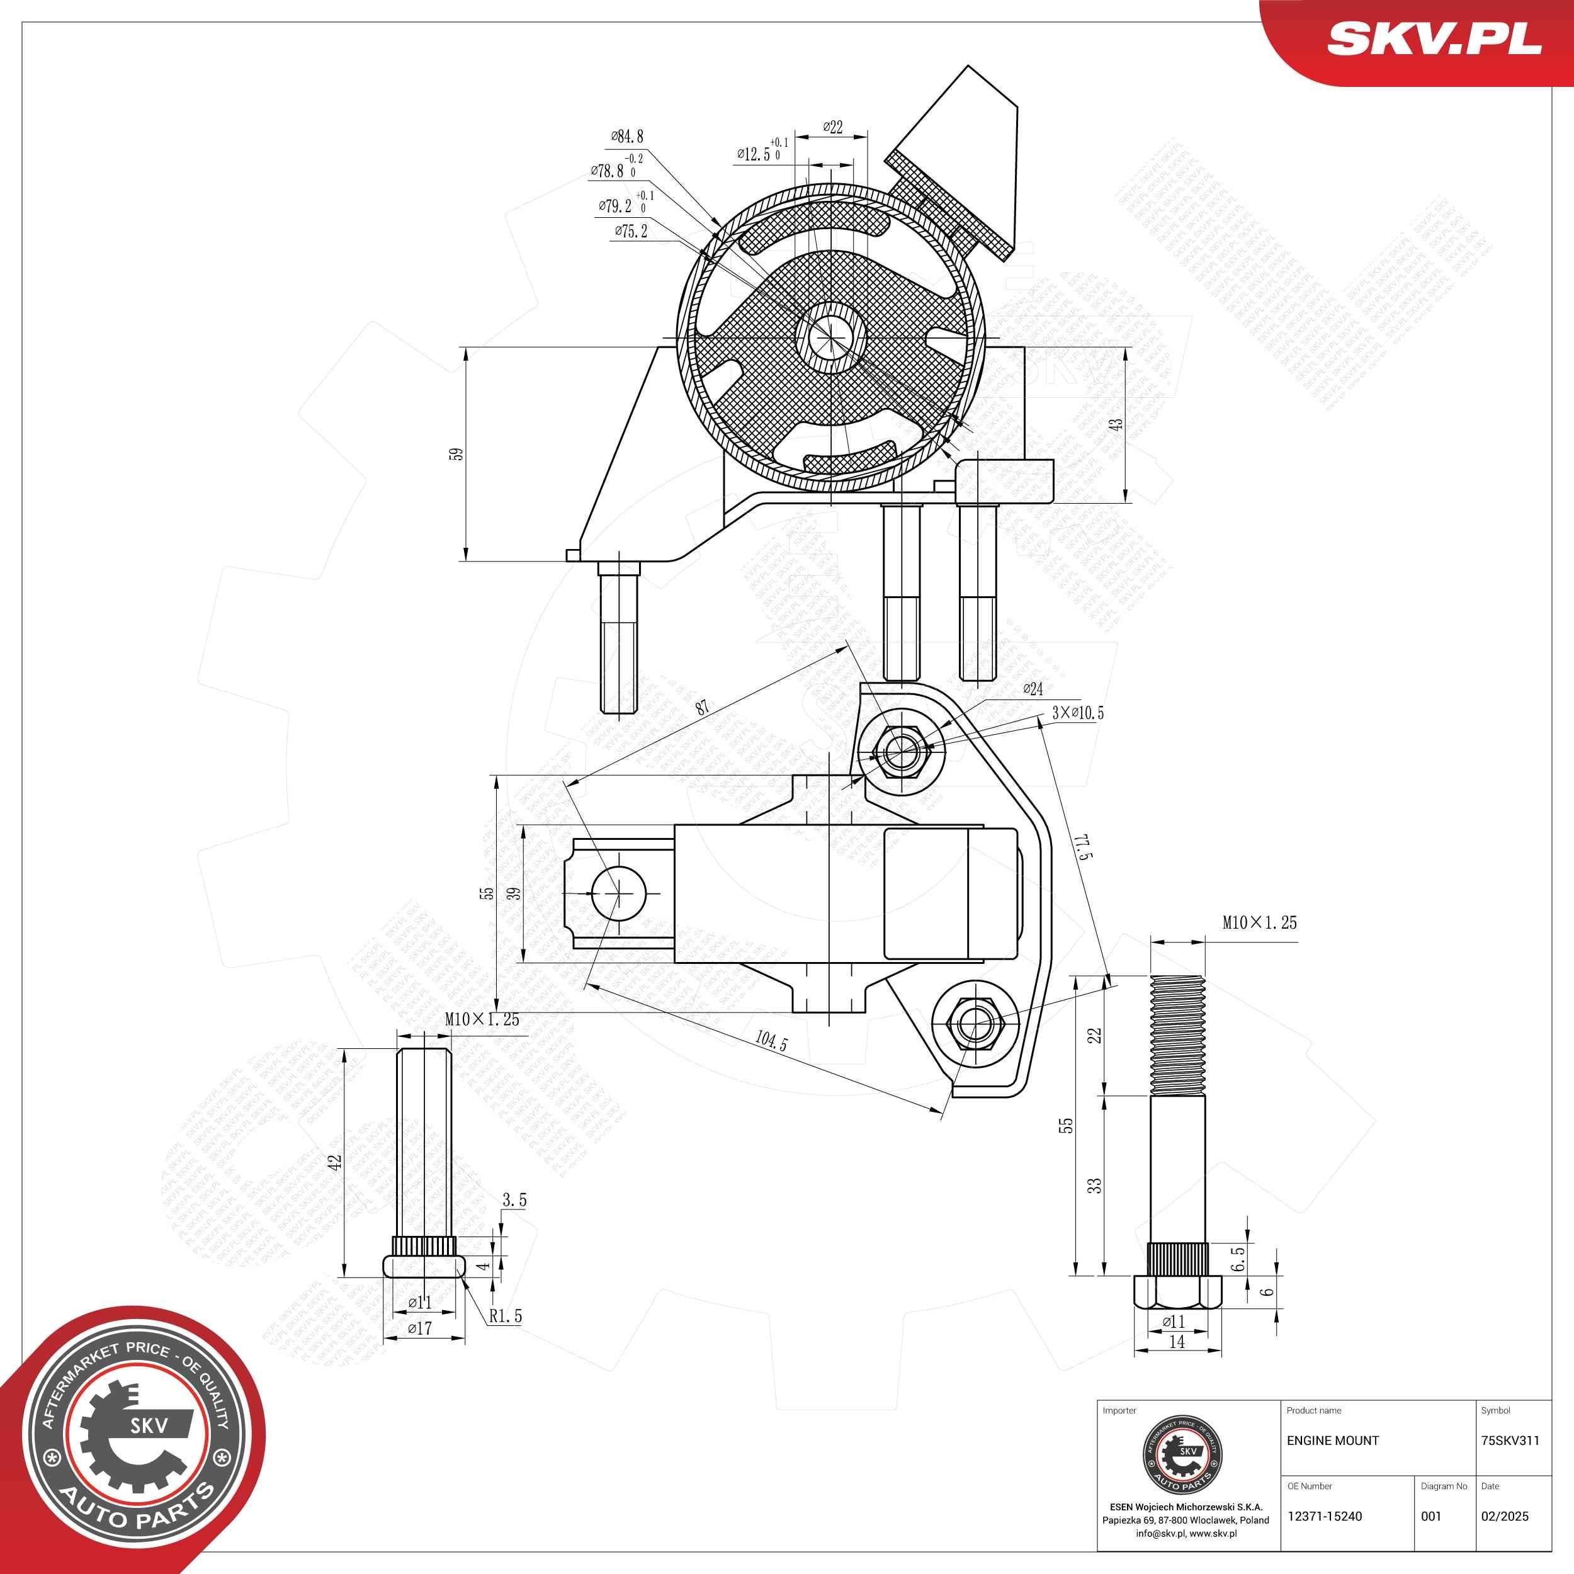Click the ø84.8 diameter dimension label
[x=627, y=137]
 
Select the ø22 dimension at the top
[x=832, y=127]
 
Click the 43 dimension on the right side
[x=1116, y=424]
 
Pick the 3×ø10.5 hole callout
[x=1077, y=713]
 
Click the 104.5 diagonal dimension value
[x=771, y=1041]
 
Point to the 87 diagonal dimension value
[x=702, y=707]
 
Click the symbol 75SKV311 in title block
[x=1510, y=1441]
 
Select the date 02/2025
[x=1504, y=1516]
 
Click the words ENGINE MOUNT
[x=1332, y=1441]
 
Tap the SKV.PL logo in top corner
[x=1433, y=38]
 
